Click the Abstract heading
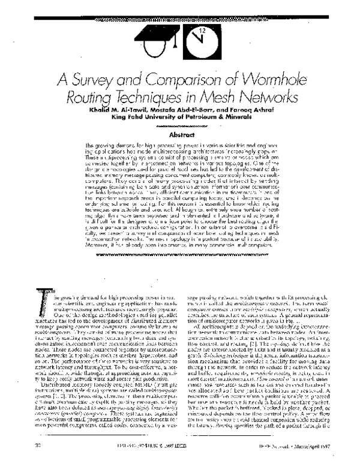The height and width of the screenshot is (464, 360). click(180, 136)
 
